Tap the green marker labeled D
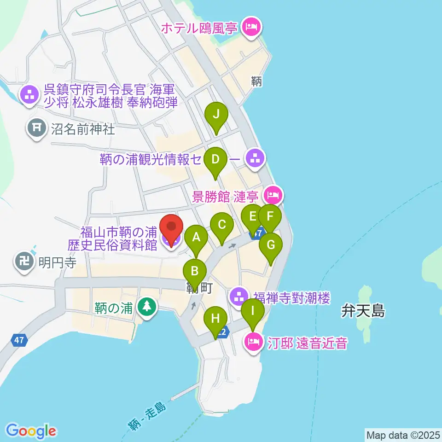coord(215,160)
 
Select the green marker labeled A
coord(197,238)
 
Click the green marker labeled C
coord(222,226)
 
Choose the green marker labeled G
coord(270,245)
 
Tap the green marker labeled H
coord(215,319)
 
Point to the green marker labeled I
coord(253,311)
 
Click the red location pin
coord(171,228)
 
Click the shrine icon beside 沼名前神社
coord(36,127)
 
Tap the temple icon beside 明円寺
coord(24,261)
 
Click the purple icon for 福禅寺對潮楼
coord(238,296)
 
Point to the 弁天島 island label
coord(363,311)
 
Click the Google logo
coord(30,431)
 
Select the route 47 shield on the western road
coord(19,341)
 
